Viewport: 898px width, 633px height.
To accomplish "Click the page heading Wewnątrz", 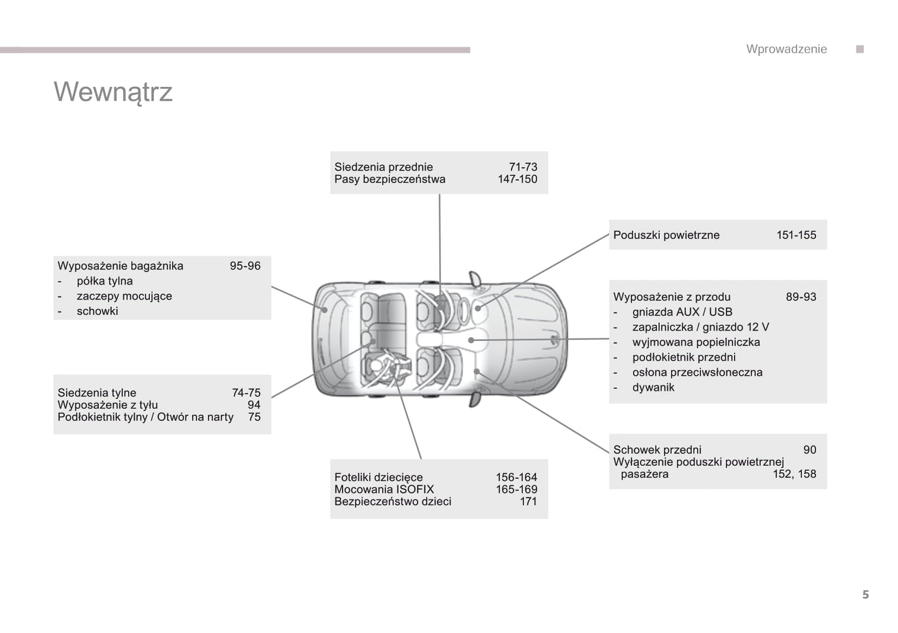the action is [113, 93].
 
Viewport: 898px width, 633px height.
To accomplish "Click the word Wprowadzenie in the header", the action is [786, 49].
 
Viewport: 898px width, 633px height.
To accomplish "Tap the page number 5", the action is [866, 594].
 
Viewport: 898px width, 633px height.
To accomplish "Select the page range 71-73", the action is [523, 166].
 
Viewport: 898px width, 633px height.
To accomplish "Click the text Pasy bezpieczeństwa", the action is [390, 179].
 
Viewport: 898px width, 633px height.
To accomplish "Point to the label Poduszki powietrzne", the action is [666, 235].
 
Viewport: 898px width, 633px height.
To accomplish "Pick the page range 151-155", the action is [796, 235].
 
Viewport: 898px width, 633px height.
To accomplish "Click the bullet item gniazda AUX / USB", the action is [682, 312].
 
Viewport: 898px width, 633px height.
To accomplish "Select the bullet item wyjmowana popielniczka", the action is [696, 342].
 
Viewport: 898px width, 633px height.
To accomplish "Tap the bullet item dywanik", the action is [653, 388].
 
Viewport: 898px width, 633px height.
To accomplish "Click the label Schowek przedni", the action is [657, 450].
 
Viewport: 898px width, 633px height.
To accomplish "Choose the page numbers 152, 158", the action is [795, 474].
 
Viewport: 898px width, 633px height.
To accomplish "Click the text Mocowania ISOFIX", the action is [384, 489].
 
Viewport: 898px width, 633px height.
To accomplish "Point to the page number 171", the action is [528, 501].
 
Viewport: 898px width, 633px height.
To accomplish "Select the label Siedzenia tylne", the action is [97, 393].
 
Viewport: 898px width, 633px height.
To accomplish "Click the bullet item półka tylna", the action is [104, 281].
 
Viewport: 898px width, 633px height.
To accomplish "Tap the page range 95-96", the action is [245, 266].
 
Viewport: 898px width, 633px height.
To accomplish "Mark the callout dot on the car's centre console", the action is [471, 340].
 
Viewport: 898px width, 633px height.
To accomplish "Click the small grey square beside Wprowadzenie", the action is [859, 49].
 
